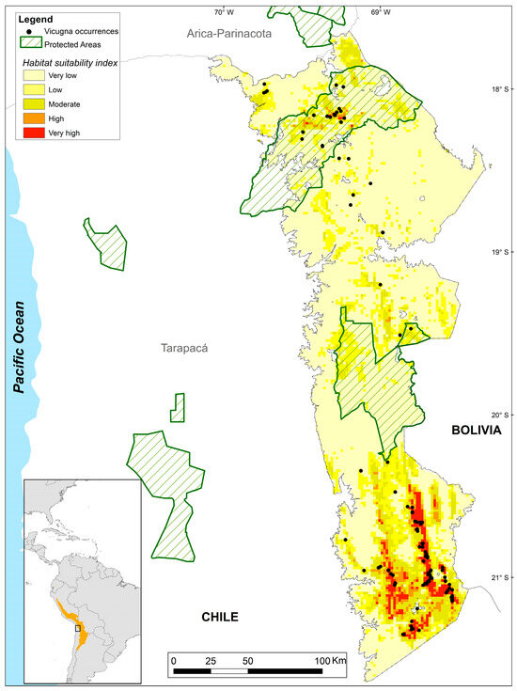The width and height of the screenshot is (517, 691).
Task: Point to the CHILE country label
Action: click(220, 617)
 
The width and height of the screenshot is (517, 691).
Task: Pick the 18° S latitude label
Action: click(502, 90)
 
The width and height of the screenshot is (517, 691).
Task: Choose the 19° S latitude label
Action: click(502, 252)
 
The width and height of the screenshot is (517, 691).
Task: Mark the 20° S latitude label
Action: click(502, 415)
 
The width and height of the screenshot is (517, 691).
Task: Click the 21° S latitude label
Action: click(502, 577)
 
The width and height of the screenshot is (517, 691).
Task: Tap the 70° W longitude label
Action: click(223, 12)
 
